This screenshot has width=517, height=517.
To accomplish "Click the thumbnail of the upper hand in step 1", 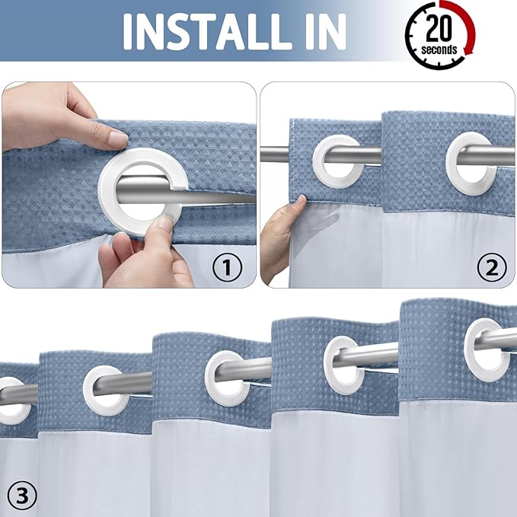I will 116,139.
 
